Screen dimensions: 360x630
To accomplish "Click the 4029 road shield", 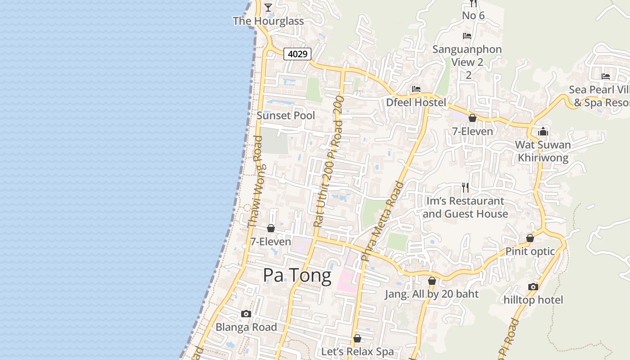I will click(297, 54).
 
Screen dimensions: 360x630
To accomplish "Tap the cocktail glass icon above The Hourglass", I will click(268, 7).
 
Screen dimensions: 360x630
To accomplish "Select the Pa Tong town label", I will click(297, 275).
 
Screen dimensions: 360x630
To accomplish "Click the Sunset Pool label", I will click(286, 116).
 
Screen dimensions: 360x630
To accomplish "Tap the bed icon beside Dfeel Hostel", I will click(416, 89).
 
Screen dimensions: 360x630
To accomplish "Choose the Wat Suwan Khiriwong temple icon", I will click(543, 131).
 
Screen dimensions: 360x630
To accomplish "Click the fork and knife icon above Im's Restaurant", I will click(465, 187).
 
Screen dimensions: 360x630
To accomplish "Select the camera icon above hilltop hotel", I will click(533, 287).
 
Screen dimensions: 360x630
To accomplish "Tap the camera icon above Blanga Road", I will click(246, 314).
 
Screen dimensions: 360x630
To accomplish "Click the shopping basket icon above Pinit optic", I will click(530, 238).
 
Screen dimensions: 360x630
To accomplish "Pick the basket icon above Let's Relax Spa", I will click(357, 338).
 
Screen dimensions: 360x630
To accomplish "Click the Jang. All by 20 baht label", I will click(432, 294).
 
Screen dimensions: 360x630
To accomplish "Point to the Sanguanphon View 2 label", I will click(467, 55).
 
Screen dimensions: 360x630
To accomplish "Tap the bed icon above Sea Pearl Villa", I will click(606, 76).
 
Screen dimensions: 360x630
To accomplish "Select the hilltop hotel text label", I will click(533, 300).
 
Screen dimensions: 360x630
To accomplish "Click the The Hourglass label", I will click(268, 21).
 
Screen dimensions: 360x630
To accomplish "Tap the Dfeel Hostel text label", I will click(416, 103).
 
